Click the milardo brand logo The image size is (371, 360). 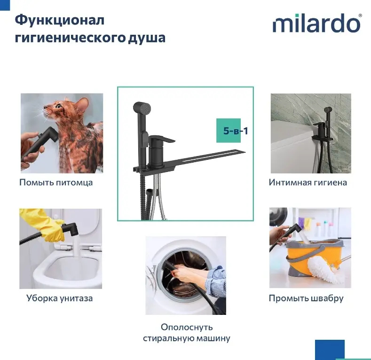pyautogui.click(x=317, y=23)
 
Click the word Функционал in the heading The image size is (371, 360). pyautogui.click(x=59, y=21)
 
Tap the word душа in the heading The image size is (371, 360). pyautogui.click(x=147, y=38)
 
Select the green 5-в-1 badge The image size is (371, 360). pyautogui.click(x=229, y=131)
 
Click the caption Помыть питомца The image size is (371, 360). pyautogui.click(x=56, y=183)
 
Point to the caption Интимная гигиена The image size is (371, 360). pyautogui.click(x=308, y=182)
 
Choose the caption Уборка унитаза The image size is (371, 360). pyautogui.click(x=59, y=298)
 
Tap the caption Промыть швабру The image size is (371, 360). pyautogui.click(x=306, y=298)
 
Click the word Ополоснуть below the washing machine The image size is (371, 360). pyautogui.click(x=187, y=327)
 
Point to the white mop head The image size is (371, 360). pyautogui.click(x=325, y=270)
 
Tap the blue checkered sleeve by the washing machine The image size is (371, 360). pyautogui.click(x=216, y=279)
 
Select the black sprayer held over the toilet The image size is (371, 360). pyautogui.click(x=71, y=229)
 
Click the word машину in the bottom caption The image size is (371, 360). pyautogui.click(x=213, y=338)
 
